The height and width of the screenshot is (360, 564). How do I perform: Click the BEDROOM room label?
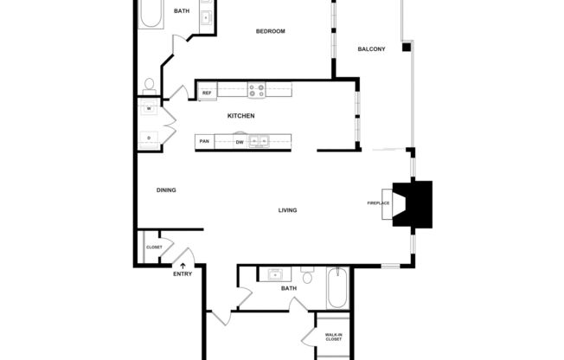click(x=270, y=31)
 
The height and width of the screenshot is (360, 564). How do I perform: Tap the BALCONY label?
click(x=371, y=48)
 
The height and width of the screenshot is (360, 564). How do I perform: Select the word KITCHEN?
click(x=240, y=116)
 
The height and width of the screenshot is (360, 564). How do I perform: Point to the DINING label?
click(x=166, y=190)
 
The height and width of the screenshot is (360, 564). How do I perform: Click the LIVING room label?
click(x=288, y=210)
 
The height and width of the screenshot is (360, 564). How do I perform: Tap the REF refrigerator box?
click(x=207, y=92)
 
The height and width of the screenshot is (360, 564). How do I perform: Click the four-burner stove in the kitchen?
click(x=256, y=90)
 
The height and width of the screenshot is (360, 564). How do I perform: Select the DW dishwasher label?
click(x=240, y=141)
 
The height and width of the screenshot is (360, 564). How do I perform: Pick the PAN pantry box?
click(x=205, y=141)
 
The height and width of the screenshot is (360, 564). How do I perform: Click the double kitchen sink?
click(x=260, y=141)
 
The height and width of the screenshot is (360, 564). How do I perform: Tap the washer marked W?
click(x=148, y=109)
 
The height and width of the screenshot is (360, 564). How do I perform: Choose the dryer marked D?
click(x=148, y=138)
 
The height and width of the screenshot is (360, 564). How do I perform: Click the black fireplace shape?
click(x=413, y=204)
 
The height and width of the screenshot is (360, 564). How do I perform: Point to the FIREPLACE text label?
click(x=379, y=203)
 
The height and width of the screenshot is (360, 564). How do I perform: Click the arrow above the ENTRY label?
click(x=183, y=265)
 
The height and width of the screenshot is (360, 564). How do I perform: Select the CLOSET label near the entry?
click(x=154, y=247)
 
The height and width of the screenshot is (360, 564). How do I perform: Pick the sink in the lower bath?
click(x=275, y=276)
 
